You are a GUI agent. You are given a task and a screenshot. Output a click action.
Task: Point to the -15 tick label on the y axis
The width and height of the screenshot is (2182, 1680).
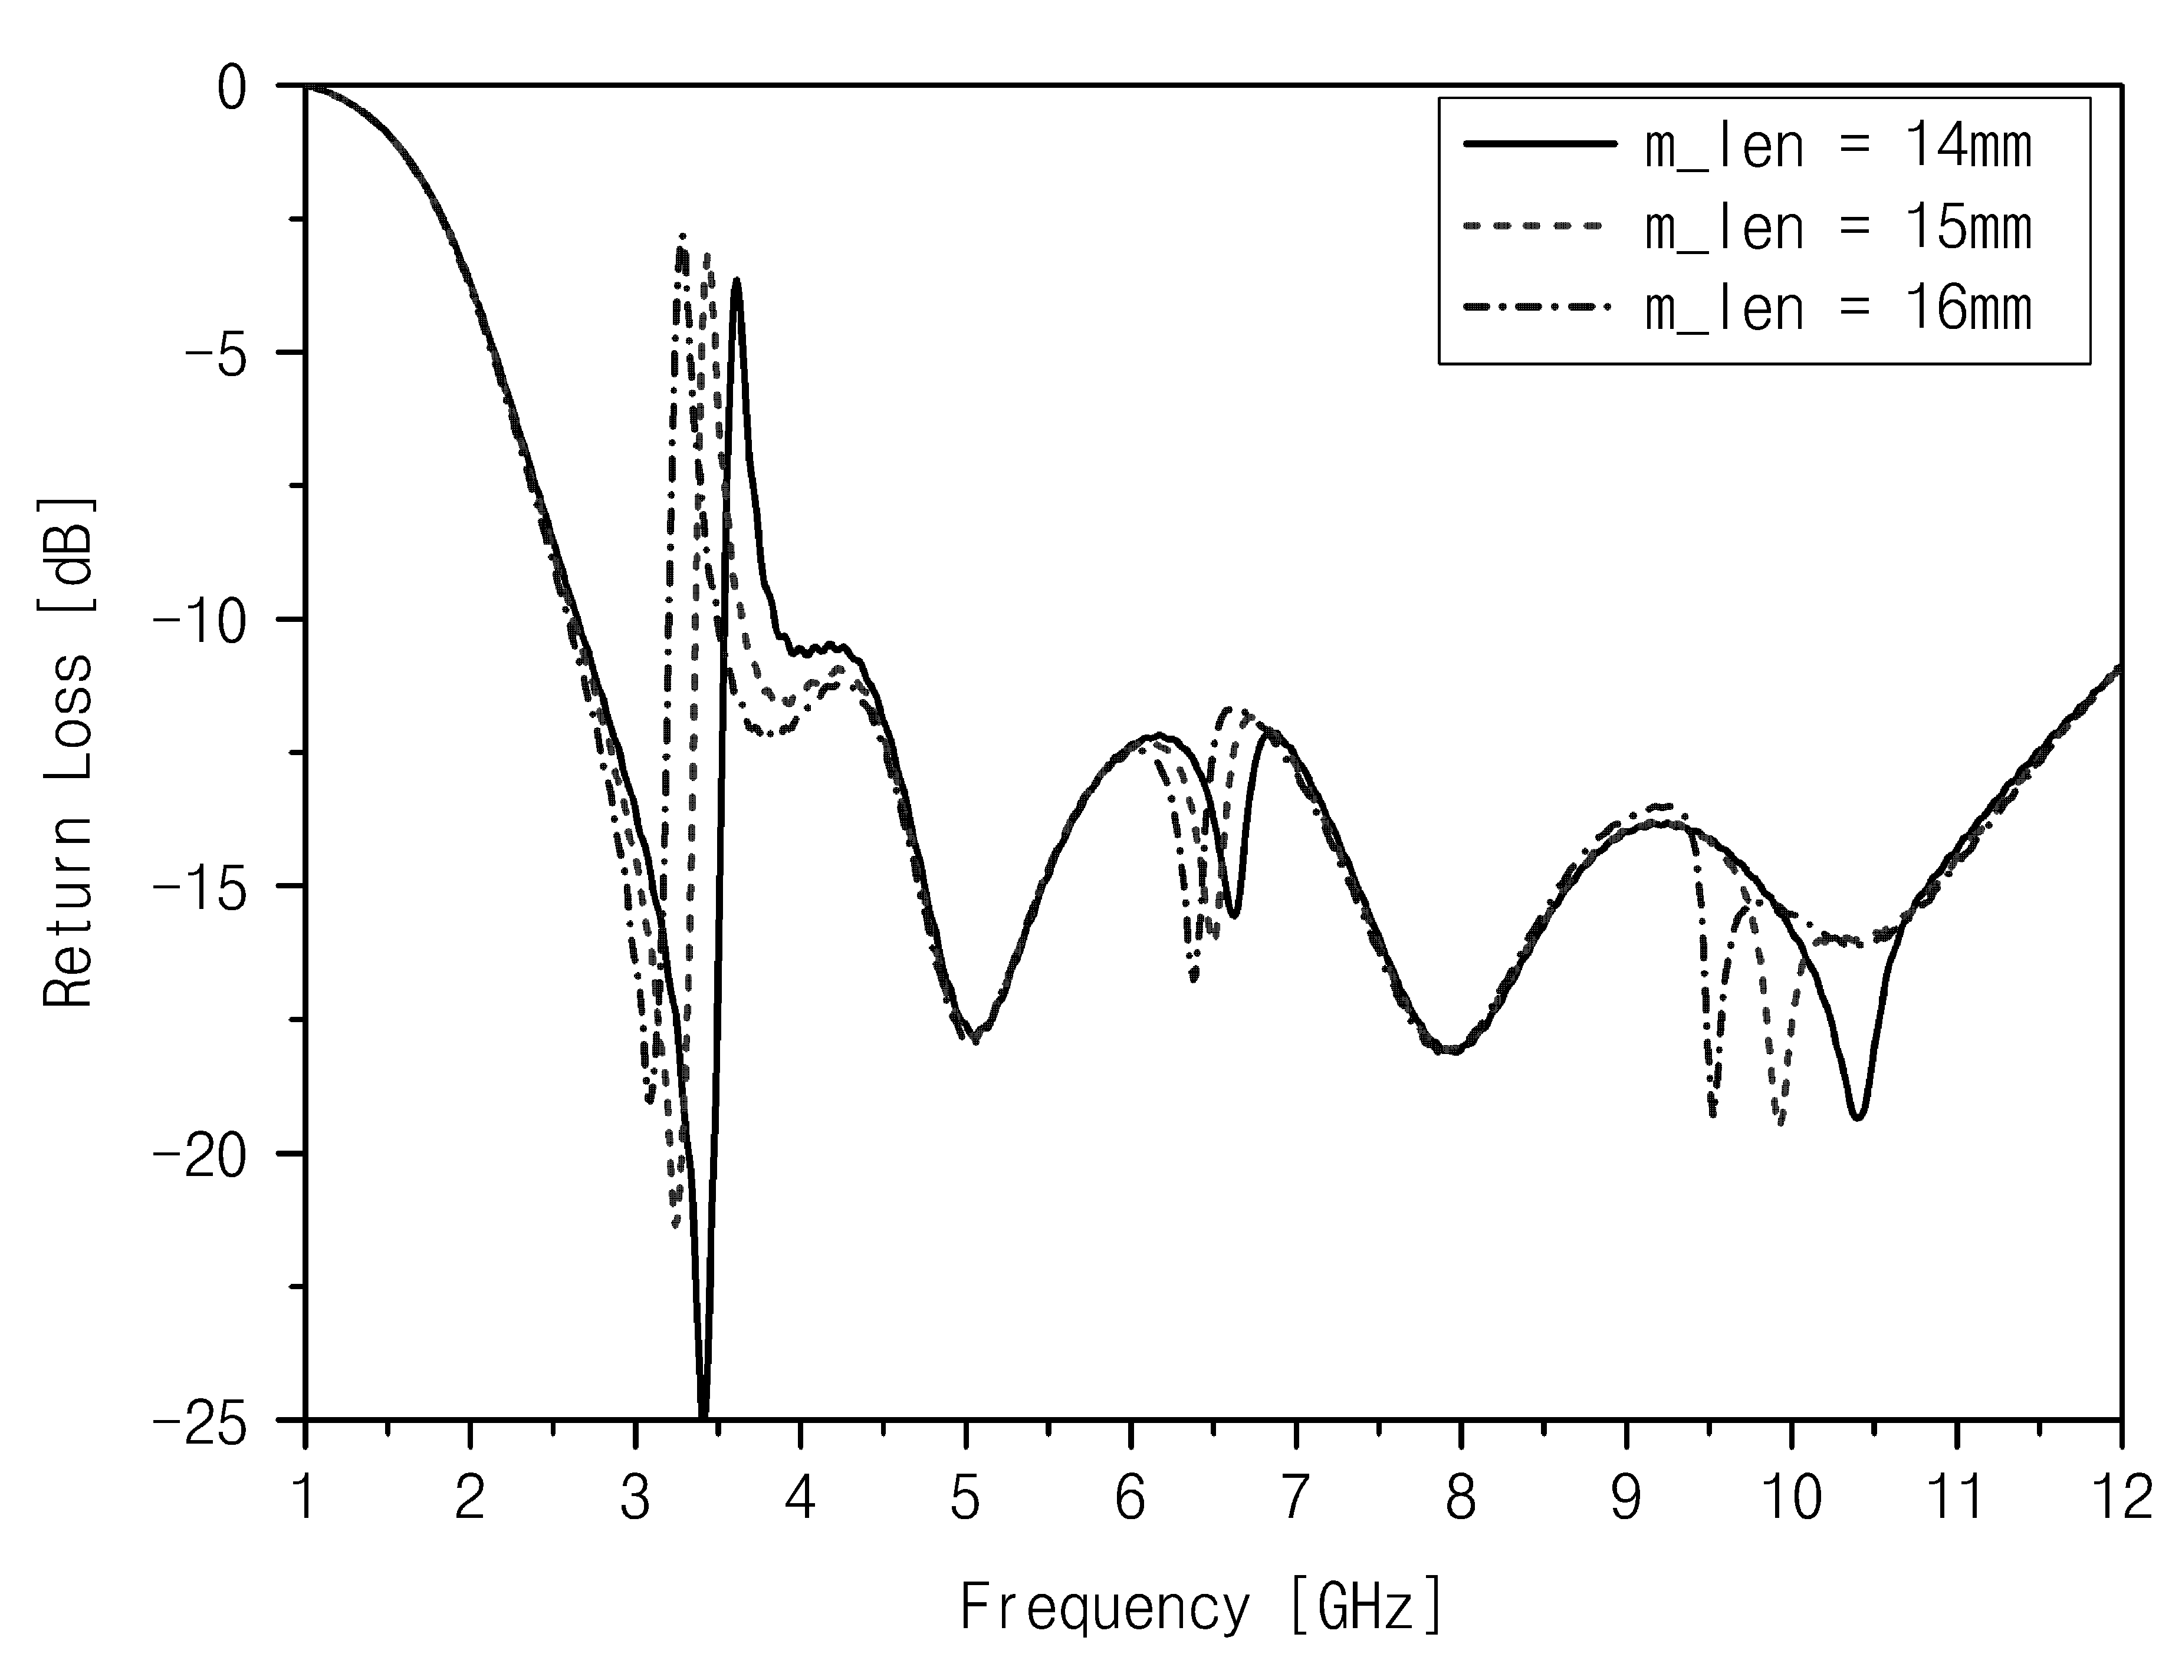pyautogui.click(x=200, y=887)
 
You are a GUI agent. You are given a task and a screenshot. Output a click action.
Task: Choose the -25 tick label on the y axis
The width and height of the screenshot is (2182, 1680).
pyautogui.click(x=200, y=1420)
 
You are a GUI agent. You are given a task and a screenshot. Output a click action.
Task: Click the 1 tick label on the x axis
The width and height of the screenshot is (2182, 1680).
pyautogui.click(x=305, y=1498)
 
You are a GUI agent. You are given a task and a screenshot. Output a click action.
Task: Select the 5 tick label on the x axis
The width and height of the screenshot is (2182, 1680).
pyautogui.click(x=965, y=1498)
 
